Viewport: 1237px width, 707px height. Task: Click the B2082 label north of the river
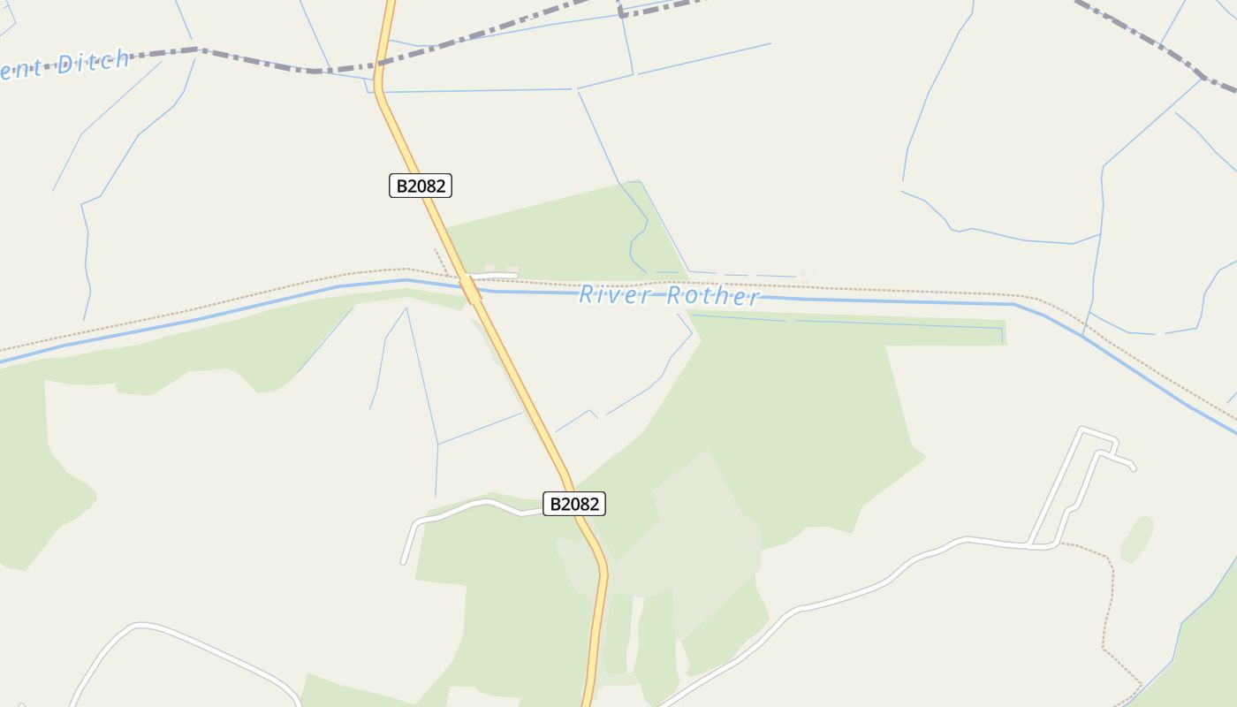[x=421, y=186]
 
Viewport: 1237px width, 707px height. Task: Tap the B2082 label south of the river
[x=574, y=504]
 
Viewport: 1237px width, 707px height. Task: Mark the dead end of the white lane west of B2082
[x=404, y=561]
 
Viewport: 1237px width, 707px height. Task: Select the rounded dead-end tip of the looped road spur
[x=1133, y=468]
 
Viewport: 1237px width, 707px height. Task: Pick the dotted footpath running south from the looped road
[x=1108, y=601]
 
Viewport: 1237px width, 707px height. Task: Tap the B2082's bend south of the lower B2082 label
[x=604, y=570]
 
